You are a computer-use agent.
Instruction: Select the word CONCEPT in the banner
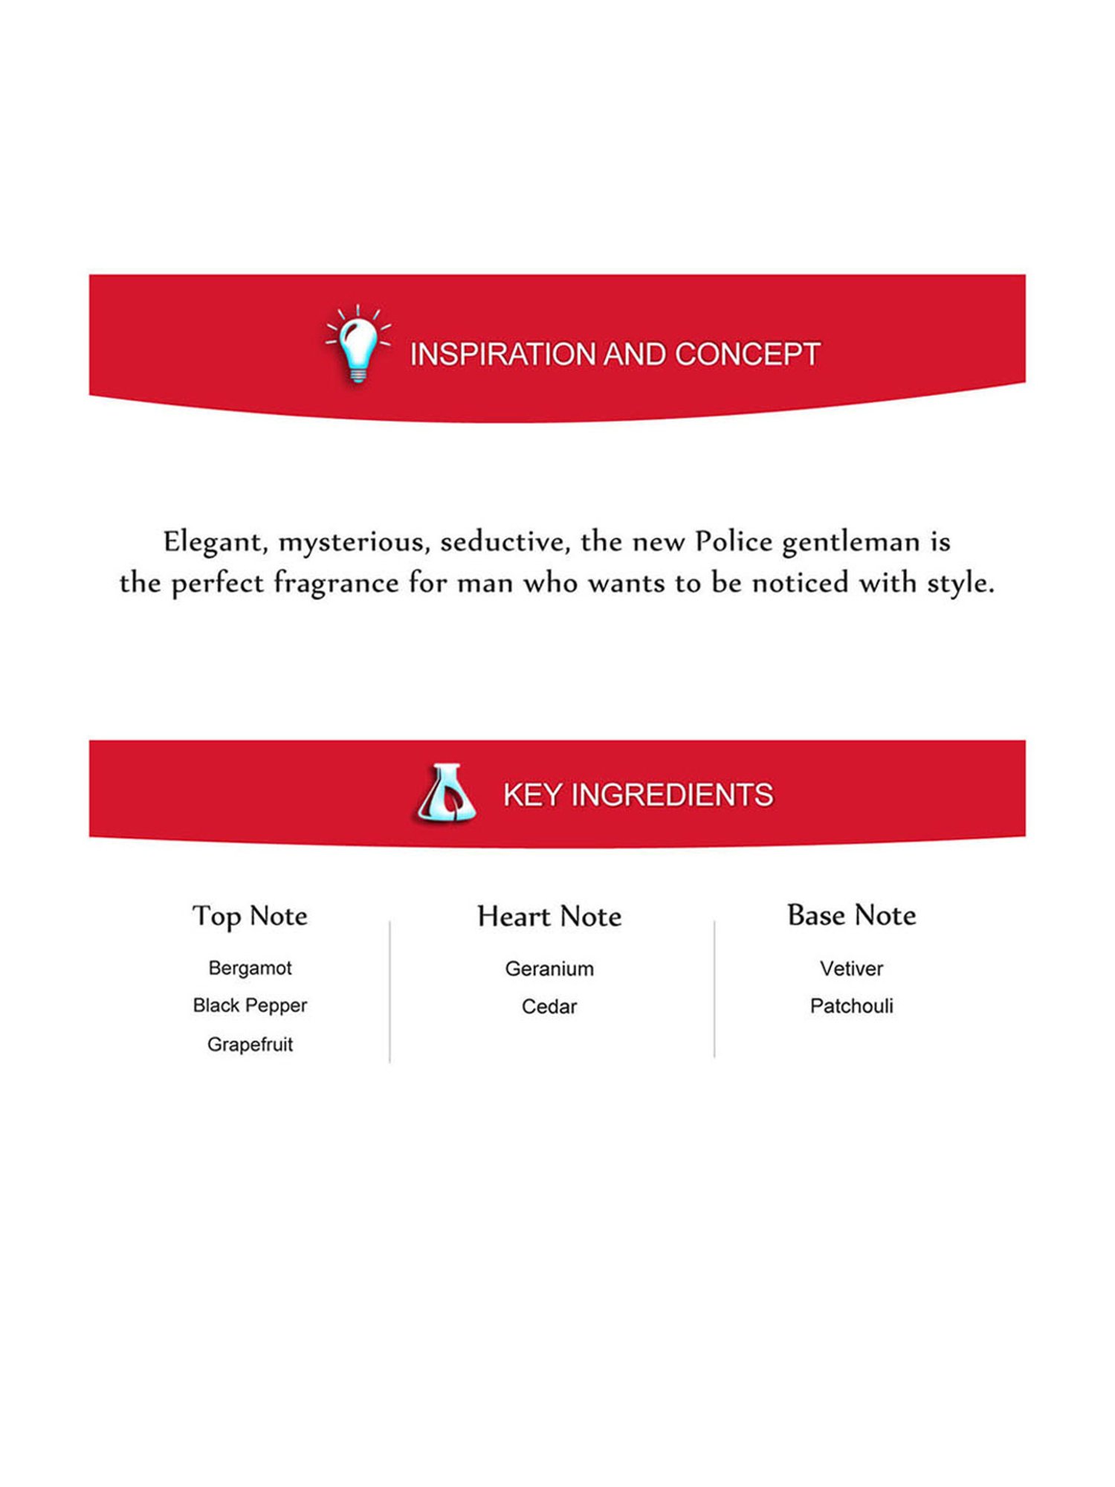pos(747,355)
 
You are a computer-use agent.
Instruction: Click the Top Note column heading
pos(250,916)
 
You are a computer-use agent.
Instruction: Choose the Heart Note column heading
pos(549,917)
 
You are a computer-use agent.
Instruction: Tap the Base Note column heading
pos(851,915)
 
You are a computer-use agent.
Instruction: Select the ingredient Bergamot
pos(250,968)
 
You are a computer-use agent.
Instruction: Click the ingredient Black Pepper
pos(250,1005)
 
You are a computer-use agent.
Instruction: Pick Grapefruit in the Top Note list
pos(250,1045)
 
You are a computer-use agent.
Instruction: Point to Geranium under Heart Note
pos(549,969)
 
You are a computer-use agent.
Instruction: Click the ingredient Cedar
pos(549,1007)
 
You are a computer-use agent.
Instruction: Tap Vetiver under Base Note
pos(851,969)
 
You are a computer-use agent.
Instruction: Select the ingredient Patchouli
pos(851,1006)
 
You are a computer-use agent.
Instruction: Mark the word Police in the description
pos(734,542)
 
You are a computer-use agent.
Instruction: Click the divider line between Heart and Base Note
pos(714,989)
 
